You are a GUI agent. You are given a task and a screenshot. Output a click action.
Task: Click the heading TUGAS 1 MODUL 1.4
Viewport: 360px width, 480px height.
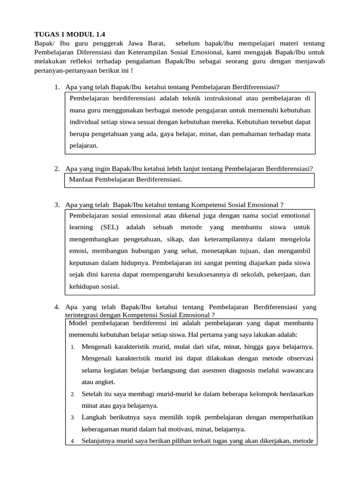point(70,34)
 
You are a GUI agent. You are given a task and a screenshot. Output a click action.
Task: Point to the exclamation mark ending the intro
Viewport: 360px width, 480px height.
point(132,70)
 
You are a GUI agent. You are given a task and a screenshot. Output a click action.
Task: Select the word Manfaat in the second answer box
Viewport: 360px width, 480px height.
point(81,180)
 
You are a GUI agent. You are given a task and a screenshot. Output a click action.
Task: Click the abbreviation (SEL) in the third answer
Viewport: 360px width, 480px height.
point(110,227)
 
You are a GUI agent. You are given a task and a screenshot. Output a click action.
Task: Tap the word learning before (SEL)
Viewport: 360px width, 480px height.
point(81,227)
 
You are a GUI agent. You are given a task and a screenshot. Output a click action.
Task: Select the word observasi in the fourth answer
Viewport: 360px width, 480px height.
point(299,358)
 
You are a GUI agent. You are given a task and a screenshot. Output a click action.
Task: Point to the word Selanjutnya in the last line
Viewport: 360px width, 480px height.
point(98,441)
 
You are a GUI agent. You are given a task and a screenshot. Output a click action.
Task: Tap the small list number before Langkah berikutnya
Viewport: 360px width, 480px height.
point(73,418)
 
